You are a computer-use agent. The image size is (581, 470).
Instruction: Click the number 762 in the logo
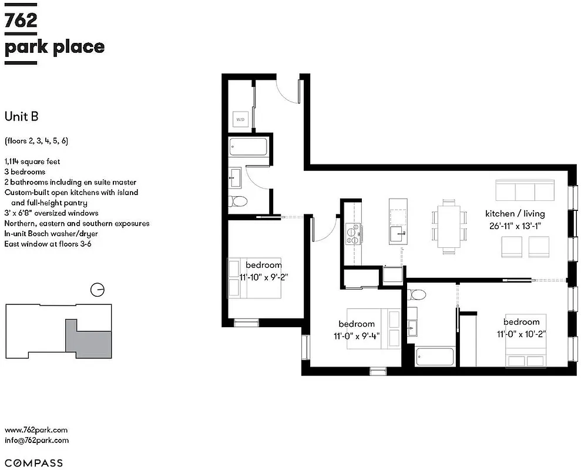(21, 20)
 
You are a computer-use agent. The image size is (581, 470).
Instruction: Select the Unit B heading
(22, 116)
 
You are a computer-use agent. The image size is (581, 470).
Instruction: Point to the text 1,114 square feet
(32, 161)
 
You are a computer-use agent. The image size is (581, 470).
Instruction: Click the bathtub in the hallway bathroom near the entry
(248, 147)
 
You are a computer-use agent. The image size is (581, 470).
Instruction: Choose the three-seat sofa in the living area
(525, 191)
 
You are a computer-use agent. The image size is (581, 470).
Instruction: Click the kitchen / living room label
(515, 213)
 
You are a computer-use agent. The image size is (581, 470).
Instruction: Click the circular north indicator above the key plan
(98, 290)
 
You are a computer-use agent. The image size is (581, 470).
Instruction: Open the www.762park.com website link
(36, 430)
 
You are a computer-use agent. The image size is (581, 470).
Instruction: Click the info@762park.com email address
(36, 440)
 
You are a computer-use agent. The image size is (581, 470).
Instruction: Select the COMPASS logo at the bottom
(33, 463)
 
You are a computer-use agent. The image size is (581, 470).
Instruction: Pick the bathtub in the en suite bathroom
(434, 356)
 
